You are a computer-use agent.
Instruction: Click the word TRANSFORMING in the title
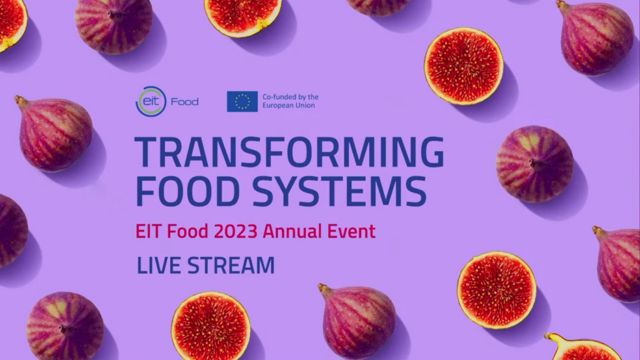click(x=289, y=152)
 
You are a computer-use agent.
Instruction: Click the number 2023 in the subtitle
click(x=236, y=231)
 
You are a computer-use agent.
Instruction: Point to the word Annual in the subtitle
click(x=292, y=231)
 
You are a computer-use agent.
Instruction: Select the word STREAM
click(x=231, y=265)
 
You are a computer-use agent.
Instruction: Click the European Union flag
click(x=242, y=102)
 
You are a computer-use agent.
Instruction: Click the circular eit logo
click(x=151, y=102)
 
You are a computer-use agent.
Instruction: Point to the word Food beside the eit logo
click(x=184, y=102)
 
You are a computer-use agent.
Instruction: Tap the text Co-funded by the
click(x=290, y=97)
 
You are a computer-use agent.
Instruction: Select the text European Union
click(x=289, y=105)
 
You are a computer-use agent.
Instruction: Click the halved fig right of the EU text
click(x=464, y=66)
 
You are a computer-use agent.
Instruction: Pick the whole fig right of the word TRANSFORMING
click(x=535, y=164)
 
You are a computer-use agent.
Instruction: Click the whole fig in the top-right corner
click(x=596, y=37)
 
